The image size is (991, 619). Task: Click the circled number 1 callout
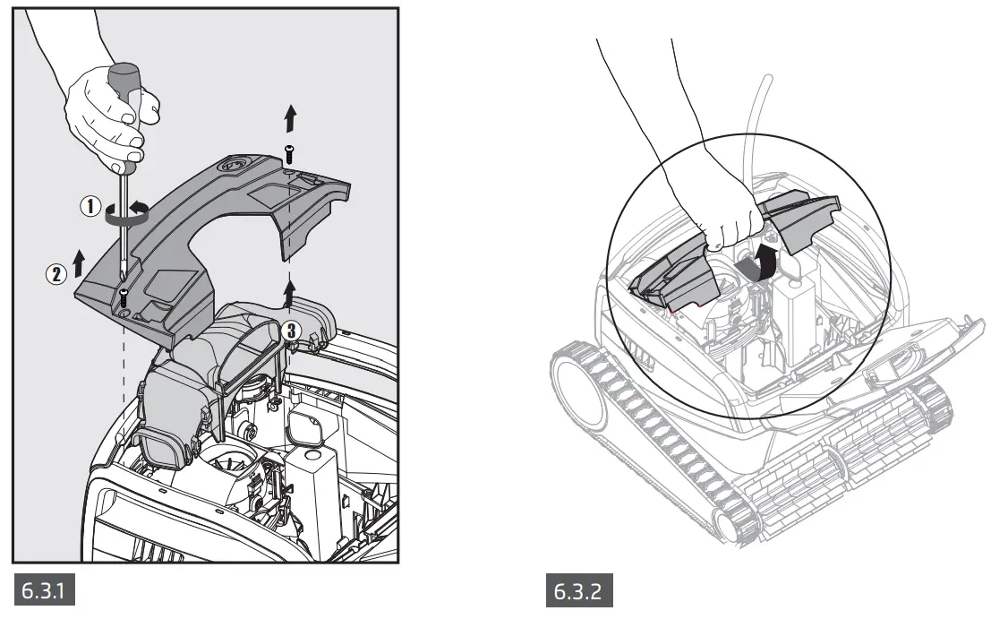click(90, 206)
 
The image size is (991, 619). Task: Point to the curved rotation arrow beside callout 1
click(125, 213)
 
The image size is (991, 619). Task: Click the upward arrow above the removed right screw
click(288, 117)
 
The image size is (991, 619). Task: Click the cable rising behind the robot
click(764, 125)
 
